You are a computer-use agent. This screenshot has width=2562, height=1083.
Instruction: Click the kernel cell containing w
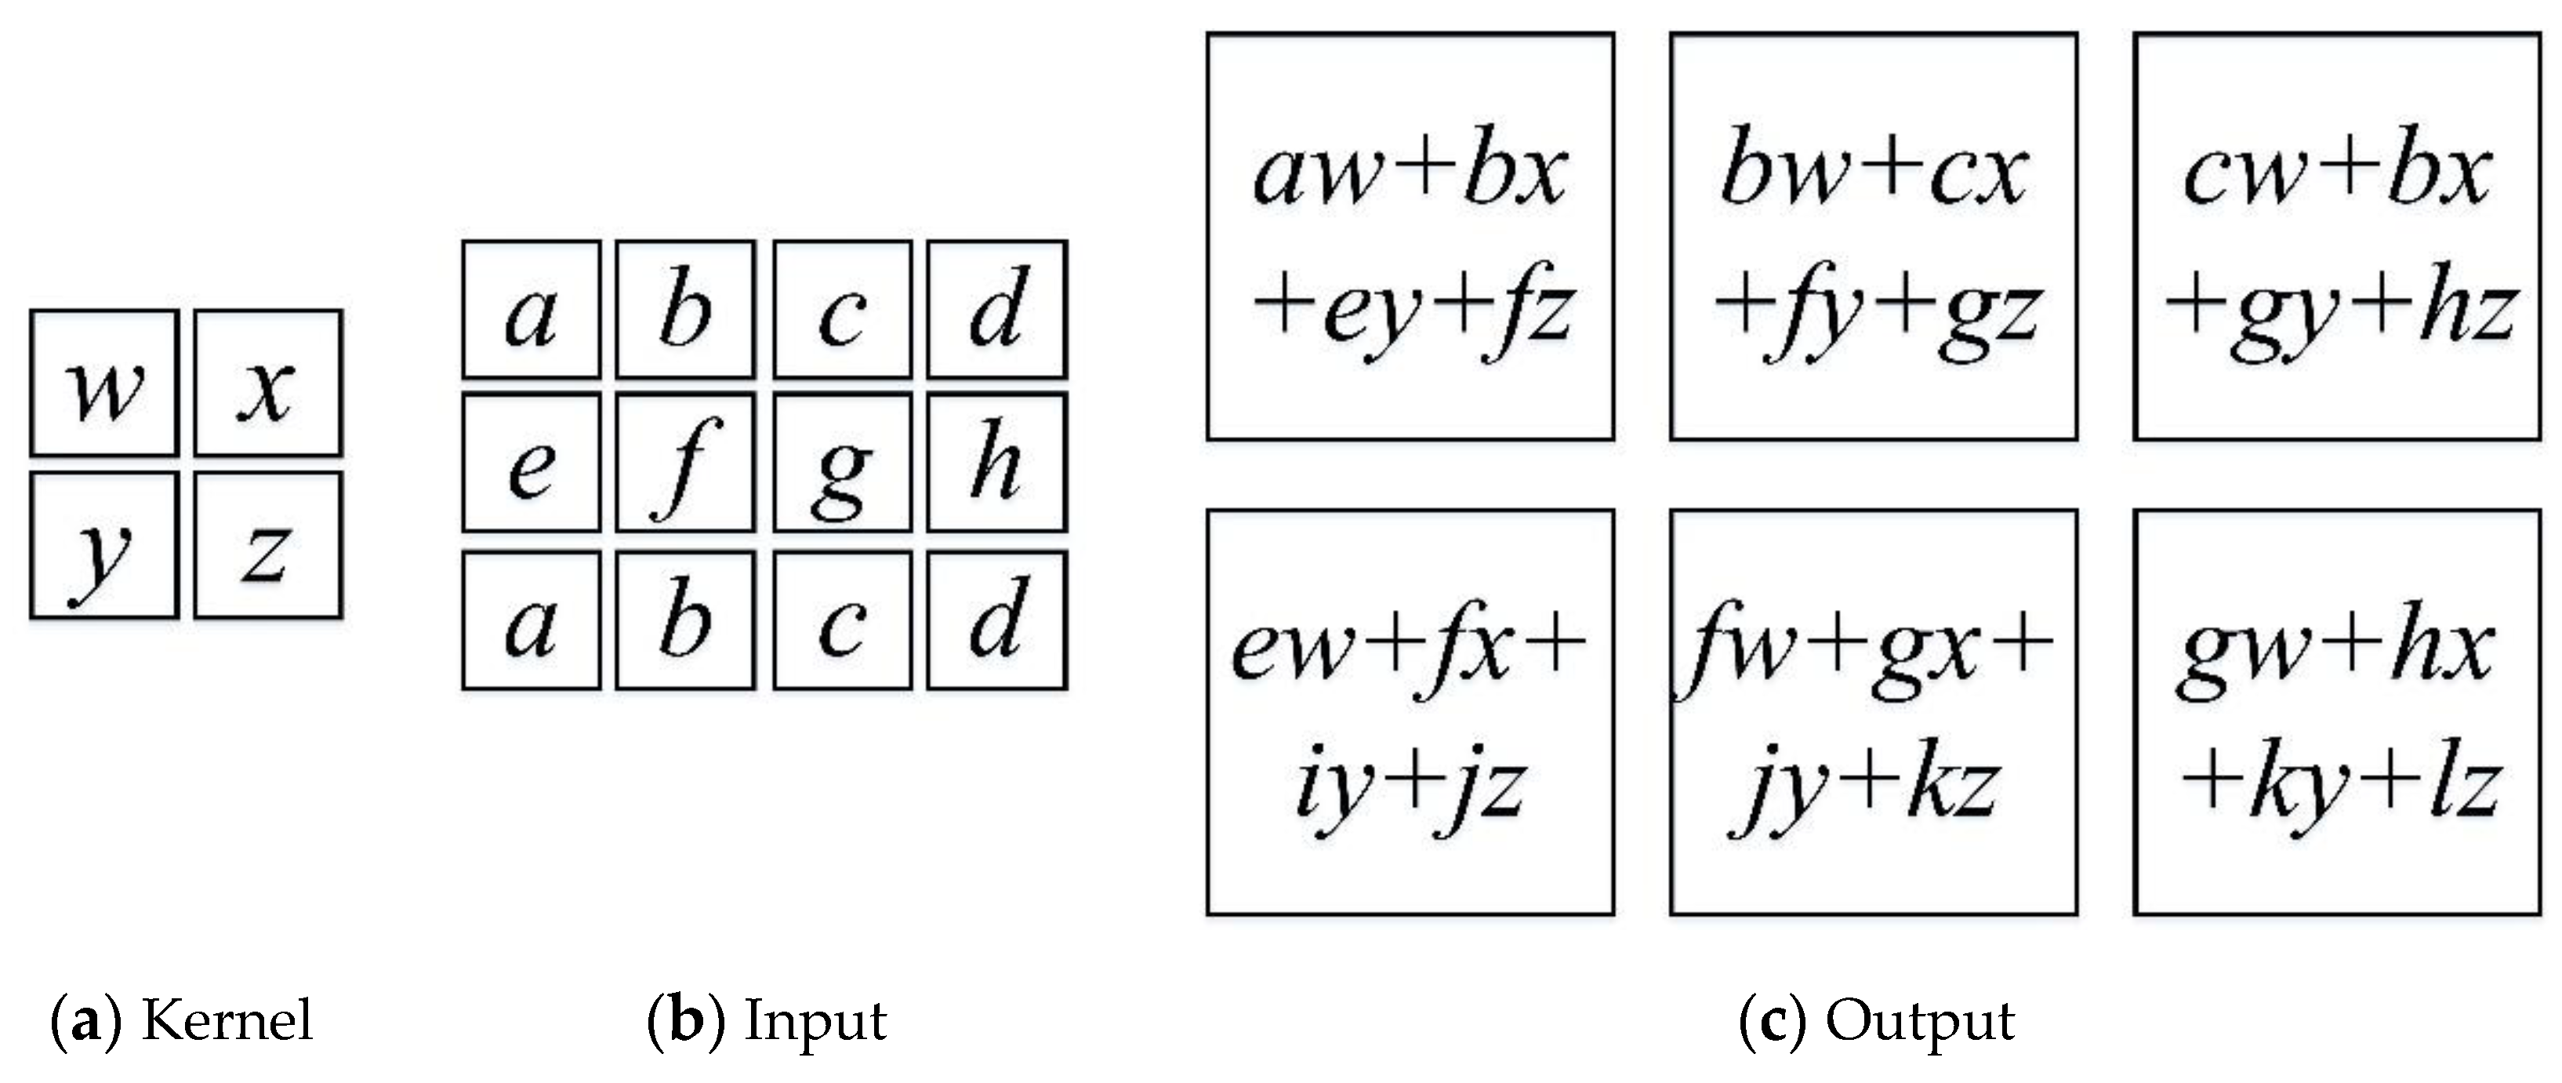point(104,383)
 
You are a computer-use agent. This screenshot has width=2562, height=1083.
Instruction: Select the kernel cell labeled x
point(267,383)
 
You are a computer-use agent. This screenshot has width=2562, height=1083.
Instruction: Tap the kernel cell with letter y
point(104,545)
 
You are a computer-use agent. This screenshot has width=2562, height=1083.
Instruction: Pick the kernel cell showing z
point(267,545)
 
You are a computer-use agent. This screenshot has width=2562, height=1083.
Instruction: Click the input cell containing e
point(531,463)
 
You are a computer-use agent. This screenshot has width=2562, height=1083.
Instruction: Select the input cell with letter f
point(685,463)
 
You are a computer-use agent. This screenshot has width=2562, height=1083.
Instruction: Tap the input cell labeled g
point(843,463)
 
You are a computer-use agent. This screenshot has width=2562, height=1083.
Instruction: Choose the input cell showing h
point(996,463)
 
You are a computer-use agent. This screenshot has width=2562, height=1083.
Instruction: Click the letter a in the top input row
point(531,309)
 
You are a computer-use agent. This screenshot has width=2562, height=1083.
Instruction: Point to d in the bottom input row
point(996,620)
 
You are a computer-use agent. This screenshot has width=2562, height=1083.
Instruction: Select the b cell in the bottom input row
point(685,620)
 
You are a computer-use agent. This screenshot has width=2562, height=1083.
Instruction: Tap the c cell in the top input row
point(843,309)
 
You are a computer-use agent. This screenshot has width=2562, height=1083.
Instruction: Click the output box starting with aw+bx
point(1410,237)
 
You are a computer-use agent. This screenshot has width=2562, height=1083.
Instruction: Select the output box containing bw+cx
point(1873,237)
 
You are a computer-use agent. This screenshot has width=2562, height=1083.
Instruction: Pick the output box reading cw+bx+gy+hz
point(2336,237)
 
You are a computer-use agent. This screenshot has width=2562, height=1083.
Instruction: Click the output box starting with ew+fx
point(1410,712)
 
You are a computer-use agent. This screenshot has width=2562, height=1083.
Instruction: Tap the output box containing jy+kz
point(1873,712)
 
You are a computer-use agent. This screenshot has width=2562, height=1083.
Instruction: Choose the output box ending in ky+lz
point(2336,712)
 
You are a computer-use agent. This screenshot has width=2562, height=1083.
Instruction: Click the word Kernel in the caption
point(227,1021)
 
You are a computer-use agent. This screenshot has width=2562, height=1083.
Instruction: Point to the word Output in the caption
point(1919,1021)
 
